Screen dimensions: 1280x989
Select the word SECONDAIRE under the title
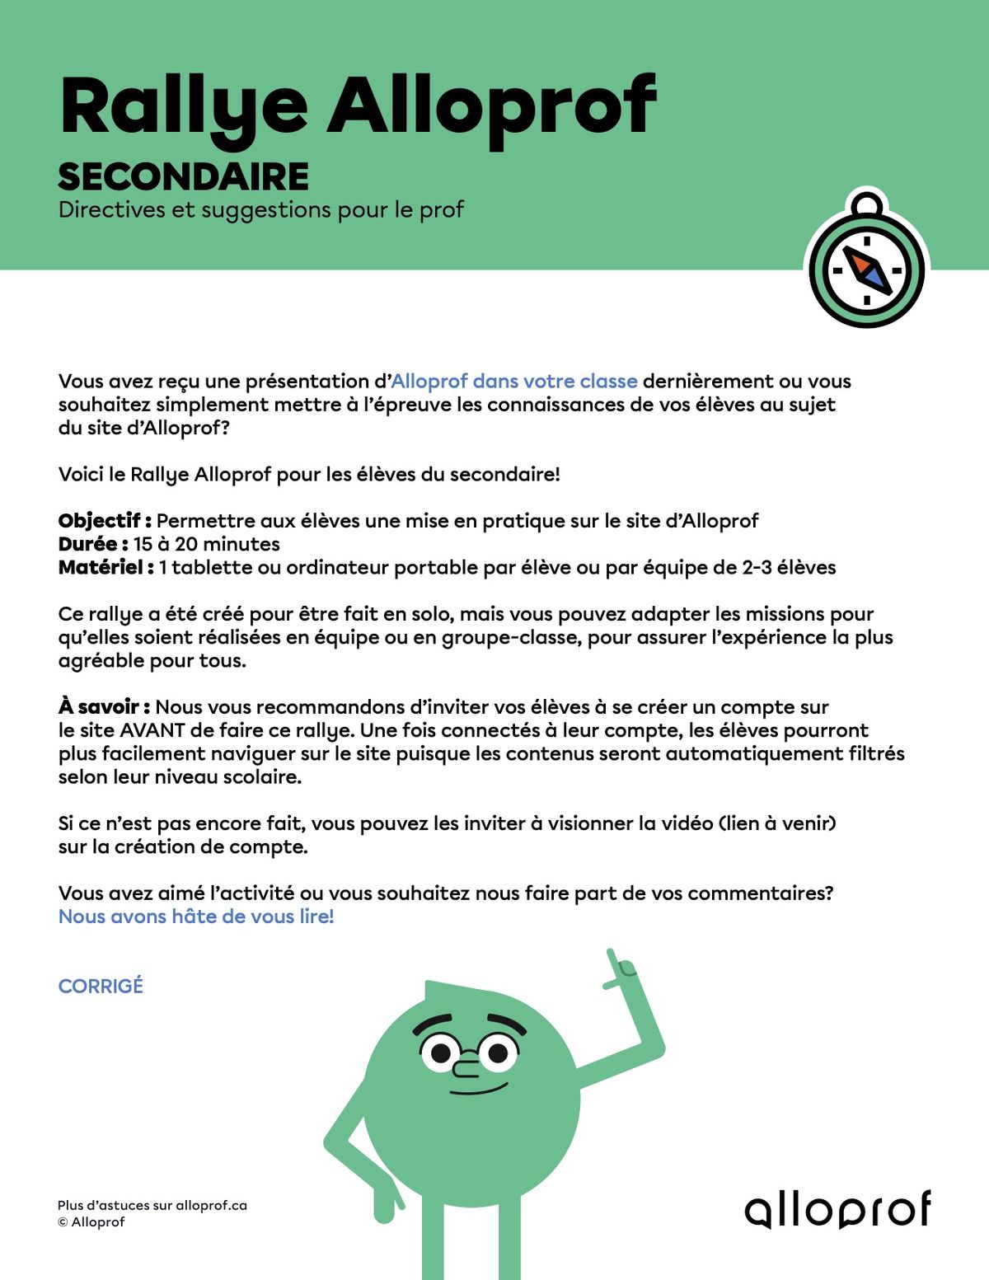point(183,177)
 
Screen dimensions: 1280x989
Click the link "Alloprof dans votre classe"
point(513,382)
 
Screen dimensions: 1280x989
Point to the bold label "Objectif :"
point(105,521)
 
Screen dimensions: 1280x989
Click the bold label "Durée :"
point(93,544)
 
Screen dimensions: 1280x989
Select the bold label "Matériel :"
point(105,568)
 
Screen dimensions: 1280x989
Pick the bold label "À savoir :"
point(104,707)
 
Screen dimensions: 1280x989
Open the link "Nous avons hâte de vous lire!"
point(196,917)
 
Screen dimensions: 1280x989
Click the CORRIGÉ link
point(101,986)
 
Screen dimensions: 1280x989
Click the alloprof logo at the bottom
point(837,1209)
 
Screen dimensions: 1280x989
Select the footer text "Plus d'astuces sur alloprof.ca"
point(152,1205)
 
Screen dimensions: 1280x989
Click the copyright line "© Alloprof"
point(91,1222)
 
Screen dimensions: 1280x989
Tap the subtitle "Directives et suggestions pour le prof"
point(261,210)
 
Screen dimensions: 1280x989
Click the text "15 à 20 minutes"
point(206,544)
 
